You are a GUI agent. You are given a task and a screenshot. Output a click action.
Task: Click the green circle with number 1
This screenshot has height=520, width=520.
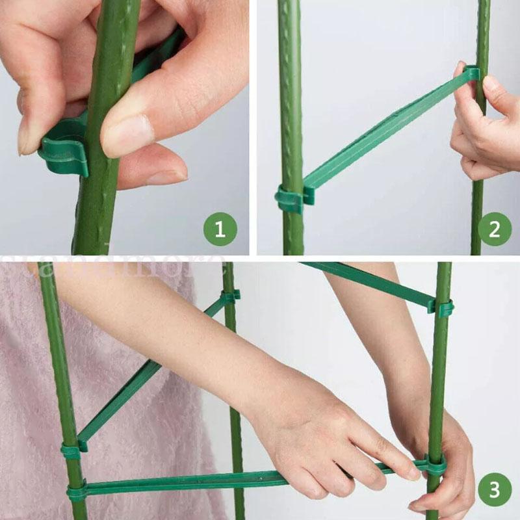pos(221,229)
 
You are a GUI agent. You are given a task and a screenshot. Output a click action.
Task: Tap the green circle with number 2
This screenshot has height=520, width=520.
pos(495,229)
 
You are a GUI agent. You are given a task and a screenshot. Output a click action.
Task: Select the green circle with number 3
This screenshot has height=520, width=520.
pos(495,489)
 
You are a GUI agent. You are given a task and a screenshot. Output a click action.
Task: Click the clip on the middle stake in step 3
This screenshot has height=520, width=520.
pos(229,296)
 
